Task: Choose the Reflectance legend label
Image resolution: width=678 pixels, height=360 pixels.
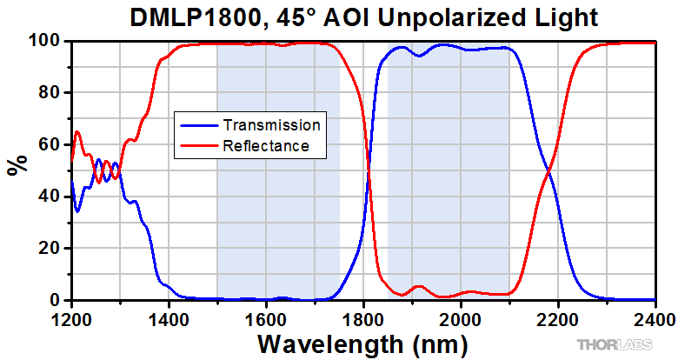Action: (266, 146)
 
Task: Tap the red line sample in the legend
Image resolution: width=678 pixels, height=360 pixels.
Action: (198, 146)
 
